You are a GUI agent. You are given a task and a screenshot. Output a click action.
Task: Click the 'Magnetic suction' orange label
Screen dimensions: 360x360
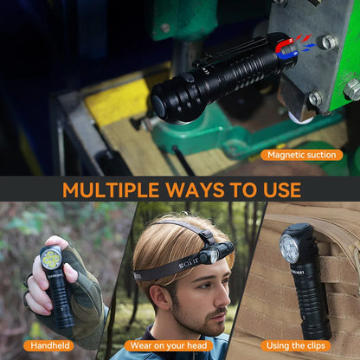tap(301, 155)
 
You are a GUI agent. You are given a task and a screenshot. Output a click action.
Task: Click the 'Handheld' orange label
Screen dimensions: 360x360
tap(51, 345)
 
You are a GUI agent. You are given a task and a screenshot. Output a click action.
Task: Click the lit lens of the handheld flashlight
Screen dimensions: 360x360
tap(51, 257)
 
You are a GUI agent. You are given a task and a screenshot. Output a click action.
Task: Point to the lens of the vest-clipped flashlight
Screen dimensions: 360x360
tap(289, 250)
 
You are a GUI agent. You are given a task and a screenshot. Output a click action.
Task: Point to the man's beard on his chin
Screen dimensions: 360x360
tap(208, 324)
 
